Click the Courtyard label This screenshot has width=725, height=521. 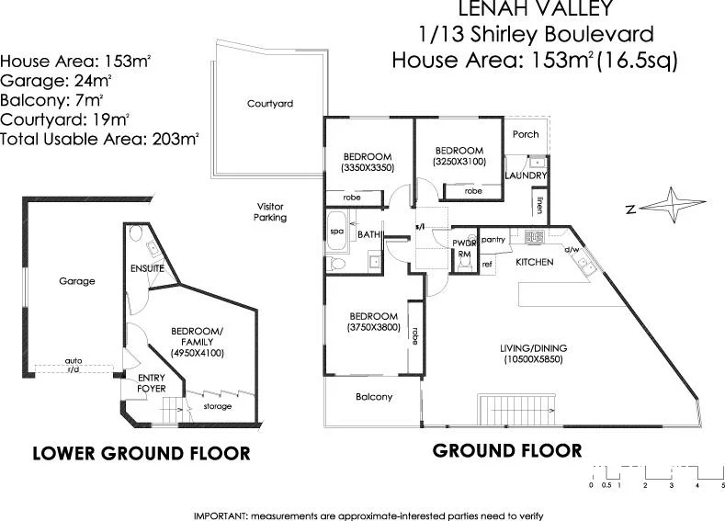pos(270,104)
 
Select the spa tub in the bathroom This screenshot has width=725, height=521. pos(335,234)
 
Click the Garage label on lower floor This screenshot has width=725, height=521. pos(77,281)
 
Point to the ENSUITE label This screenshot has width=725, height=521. pos(147,268)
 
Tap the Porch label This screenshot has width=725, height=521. pos(526,134)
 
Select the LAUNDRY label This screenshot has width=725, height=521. pos(527,176)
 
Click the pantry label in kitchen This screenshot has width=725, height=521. pos(494,240)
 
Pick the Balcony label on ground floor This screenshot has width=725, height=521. pos(374,397)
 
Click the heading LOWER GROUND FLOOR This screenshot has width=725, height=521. pos(142,453)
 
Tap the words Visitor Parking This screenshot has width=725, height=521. pos(270,211)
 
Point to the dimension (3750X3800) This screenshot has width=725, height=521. pos(373,326)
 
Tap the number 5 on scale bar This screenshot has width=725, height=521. pos(723,484)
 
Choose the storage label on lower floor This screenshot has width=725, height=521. pos(217,406)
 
